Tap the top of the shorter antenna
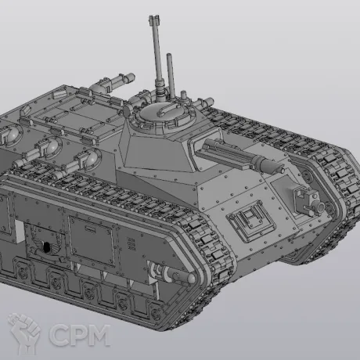click(x=169, y=55)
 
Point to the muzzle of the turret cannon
click(x=282, y=170)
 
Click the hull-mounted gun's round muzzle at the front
click(x=320, y=207)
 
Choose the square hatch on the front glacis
click(x=250, y=220)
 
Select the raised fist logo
click(x=25, y=333)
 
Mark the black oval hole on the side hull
click(x=46, y=247)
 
